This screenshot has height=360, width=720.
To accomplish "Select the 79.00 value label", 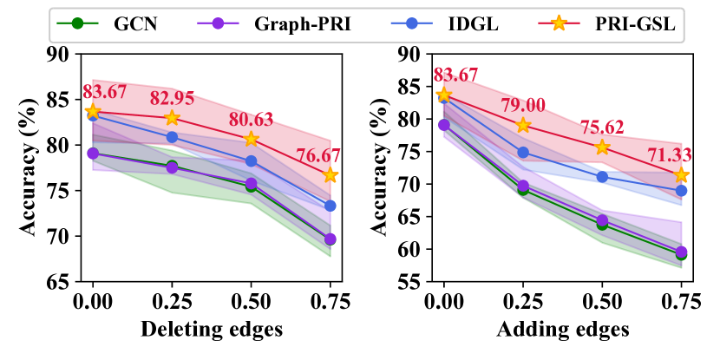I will point(525,106).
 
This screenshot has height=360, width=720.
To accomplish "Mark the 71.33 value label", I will point(668,156).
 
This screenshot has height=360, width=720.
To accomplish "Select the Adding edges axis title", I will point(562,331).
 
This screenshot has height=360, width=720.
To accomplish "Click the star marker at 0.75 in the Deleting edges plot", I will point(330,175).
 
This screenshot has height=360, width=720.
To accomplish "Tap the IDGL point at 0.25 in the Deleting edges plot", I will point(172,137).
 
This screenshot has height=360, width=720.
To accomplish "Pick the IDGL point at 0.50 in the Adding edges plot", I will point(602,177).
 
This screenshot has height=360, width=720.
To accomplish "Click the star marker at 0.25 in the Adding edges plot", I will point(523,125).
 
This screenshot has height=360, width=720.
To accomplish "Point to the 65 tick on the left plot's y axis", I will point(58,282).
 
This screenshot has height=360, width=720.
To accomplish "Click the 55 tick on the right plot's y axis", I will point(409,282).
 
